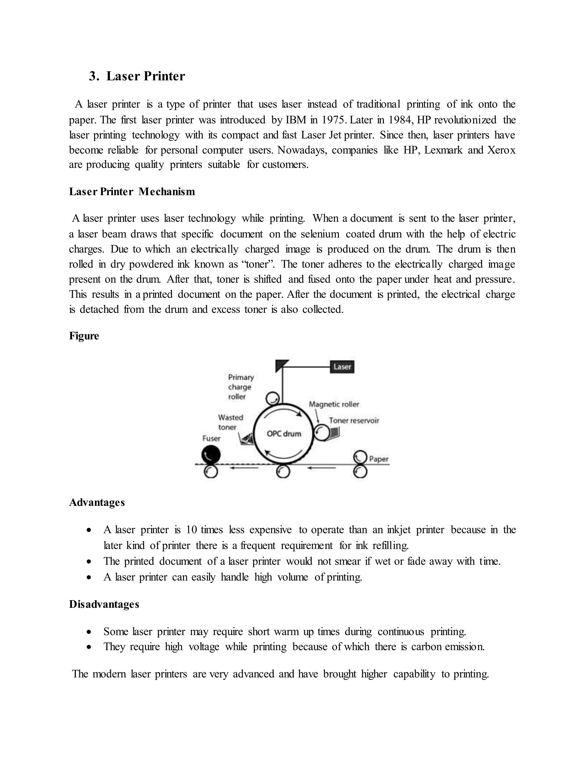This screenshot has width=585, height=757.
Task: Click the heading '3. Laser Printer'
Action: point(137,76)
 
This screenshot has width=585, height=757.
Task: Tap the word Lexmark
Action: point(443,150)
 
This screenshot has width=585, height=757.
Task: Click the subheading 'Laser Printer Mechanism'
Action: point(132,192)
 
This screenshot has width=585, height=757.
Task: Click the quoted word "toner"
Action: point(257,264)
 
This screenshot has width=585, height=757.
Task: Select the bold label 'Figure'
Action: point(84,336)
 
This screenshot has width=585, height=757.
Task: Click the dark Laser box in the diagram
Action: point(342,367)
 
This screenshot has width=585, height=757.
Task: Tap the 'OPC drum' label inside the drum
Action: point(284,434)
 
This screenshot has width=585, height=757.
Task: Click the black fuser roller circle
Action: point(211,454)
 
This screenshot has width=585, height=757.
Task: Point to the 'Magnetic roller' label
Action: point(334,404)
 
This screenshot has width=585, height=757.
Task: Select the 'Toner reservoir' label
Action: point(354,420)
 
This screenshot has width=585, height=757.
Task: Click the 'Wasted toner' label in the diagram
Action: point(230,422)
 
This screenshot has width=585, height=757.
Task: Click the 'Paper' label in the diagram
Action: point(379,459)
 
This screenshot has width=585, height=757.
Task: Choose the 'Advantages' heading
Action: point(97,502)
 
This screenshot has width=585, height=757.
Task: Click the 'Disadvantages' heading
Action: point(104,604)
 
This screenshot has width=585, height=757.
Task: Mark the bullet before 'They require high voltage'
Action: point(89,647)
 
